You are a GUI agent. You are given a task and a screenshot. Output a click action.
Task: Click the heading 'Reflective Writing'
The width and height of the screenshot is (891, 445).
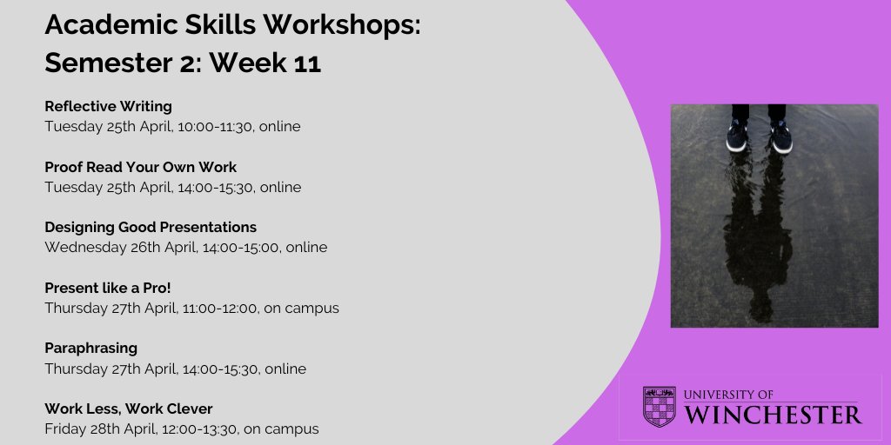tap(109, 107)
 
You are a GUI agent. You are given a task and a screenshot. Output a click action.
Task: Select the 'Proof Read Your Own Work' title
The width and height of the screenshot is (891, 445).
tap(141, 167)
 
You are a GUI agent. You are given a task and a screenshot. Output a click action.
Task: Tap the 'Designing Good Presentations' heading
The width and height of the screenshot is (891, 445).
tap(151, 227)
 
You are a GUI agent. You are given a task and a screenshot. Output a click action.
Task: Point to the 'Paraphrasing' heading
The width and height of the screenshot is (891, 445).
tap(91, 348)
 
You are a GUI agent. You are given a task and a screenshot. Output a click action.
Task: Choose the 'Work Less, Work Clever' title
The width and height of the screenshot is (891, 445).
tap(129, 408)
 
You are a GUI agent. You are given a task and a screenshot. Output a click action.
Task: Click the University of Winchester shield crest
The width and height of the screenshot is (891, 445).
tap(659, 406)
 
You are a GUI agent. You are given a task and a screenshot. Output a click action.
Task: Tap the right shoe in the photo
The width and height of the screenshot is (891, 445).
tap(780, 136)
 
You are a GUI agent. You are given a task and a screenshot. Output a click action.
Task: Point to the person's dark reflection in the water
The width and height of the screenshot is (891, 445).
tap(759, 235)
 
